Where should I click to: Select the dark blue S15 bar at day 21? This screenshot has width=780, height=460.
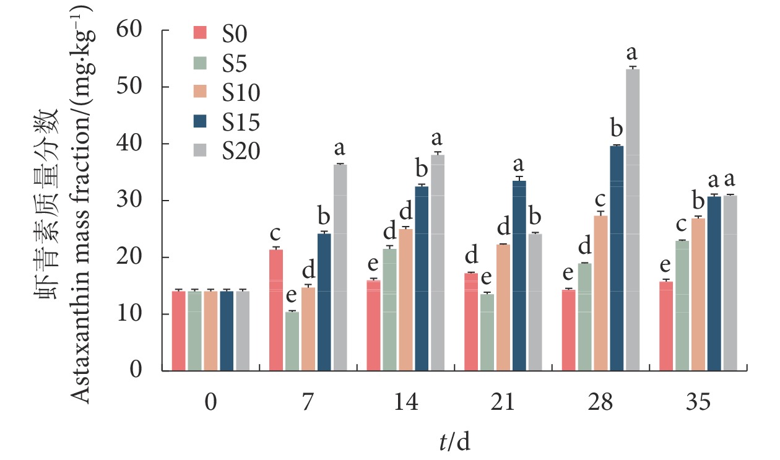pos(518,276)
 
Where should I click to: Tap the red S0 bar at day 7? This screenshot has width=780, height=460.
pos(276,310)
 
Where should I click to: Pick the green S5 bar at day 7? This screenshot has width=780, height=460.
pos(292,341)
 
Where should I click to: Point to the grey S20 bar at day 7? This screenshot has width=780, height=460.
pos(340,267)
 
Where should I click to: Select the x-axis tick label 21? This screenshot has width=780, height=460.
pos(502,403)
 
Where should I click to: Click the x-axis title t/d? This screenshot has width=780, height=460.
pos(454,441)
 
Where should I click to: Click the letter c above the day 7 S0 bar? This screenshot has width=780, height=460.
pos(276,234)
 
